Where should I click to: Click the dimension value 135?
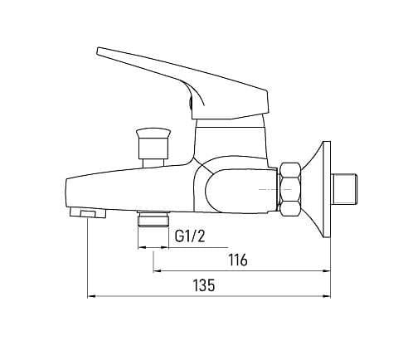coord(204,285)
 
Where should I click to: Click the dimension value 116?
coord(237,260)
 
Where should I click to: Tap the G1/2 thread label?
coord(190,236)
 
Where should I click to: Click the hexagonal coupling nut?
coord(290,189)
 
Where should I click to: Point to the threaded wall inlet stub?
coord(345,189)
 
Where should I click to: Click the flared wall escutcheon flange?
coord(321,189)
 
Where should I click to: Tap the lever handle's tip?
coord(98,51)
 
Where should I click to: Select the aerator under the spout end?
coord(88,213)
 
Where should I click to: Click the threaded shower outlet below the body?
coord(153,219)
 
